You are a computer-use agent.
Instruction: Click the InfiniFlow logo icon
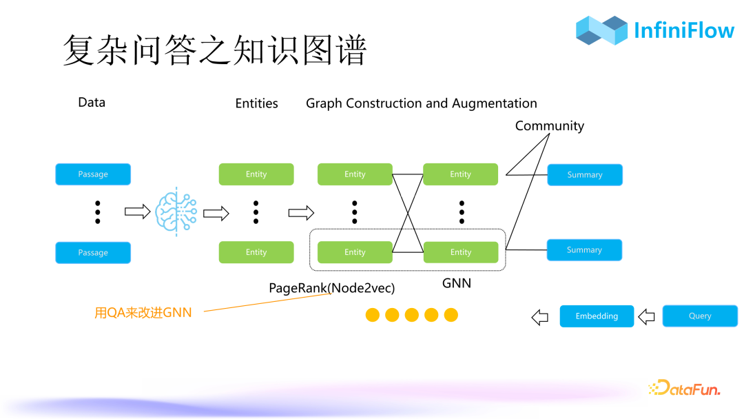click(601, 30)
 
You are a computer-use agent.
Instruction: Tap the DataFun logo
click(684, 389)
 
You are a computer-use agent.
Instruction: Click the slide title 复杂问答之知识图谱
click(214, 50)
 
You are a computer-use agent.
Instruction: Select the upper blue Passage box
click(93, 174)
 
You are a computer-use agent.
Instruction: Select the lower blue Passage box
click(93, 252)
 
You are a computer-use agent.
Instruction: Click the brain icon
click(176, 212)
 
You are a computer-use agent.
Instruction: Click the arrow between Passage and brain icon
click(137, 212)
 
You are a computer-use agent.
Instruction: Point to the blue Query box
click(700, 316)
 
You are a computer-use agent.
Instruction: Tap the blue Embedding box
click(597, 316)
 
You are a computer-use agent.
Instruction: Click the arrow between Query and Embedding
click(646, 317)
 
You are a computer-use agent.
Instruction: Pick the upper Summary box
click(585, 175)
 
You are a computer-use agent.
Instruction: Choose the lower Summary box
click(584, 250)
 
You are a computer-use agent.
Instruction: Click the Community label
click(549, 126)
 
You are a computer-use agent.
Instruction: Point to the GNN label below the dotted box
click(456, 283)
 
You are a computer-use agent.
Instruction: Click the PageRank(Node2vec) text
click(332, 287)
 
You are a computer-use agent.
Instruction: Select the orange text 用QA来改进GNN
click(143, 313)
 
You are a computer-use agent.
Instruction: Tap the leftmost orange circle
click(372, 315)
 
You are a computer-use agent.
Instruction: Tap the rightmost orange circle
click(451, 315)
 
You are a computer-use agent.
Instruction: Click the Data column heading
click(92, 103)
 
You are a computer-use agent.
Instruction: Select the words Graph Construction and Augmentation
click(421, 103)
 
